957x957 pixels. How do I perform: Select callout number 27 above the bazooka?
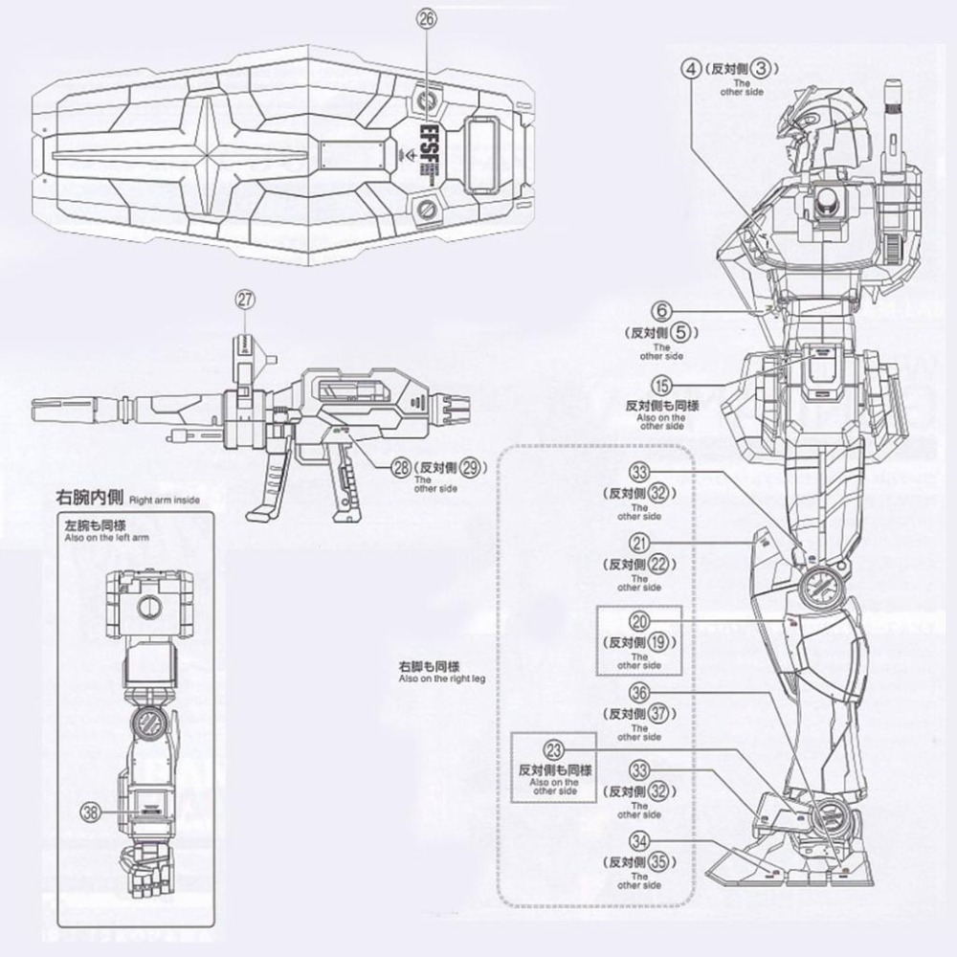tap(245, 299)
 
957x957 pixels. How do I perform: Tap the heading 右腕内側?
tap(93, 499)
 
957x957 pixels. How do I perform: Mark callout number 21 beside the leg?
tap(640, 542)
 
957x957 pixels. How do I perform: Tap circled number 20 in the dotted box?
tap(640, 622)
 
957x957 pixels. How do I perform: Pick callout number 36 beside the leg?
tap(640, 694)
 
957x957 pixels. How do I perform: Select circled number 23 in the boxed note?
tap(553, 749)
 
